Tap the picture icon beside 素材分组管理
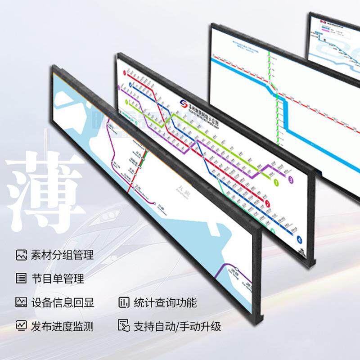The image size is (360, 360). (x=21, y=255)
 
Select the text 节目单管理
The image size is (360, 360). (x=57, y=279)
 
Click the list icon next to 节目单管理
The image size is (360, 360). (x=21, y=279)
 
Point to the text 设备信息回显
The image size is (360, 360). (x=62, y=302)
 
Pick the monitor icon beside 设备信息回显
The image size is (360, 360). (x=21, y=302)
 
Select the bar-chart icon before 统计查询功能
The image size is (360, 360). (x=124, y=302)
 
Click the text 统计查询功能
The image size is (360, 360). (x=165, y=302)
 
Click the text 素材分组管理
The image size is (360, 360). (x=62, y=255)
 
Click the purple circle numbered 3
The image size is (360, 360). (x=292, y=180)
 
